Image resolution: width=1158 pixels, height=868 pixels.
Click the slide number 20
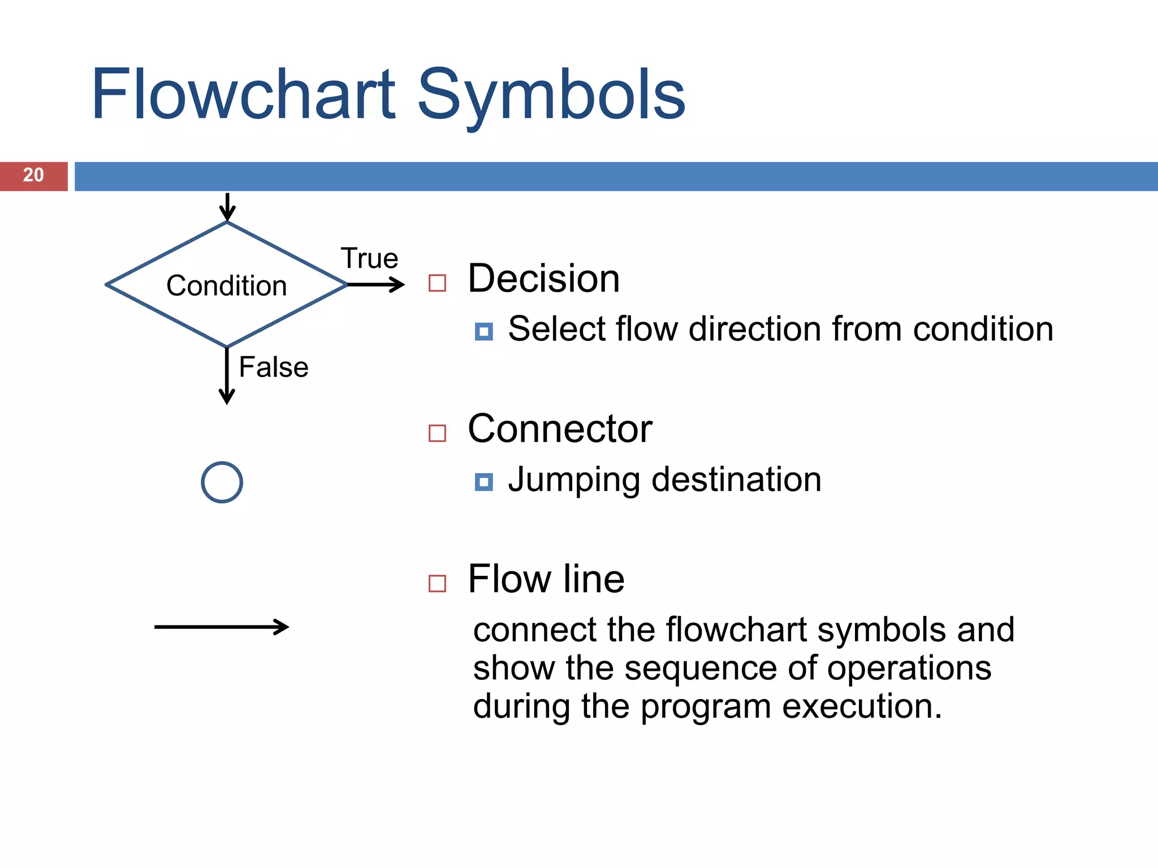pos(33,175)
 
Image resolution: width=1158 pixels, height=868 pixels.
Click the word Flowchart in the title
pos(243,94)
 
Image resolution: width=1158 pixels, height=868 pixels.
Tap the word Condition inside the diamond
pos(226,285)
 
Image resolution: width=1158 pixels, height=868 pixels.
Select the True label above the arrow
pos(369,259)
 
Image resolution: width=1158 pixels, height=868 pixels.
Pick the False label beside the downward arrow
pos(274,367)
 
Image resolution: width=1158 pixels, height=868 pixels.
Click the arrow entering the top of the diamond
pos(227,207)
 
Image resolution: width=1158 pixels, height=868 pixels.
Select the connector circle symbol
pos(222,482)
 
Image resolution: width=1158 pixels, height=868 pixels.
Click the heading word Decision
pos(543,279)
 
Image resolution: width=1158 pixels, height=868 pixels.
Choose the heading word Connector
pos(560,429)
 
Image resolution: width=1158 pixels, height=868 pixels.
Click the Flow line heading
pos(546,579)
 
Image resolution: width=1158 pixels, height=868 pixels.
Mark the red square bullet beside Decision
pos(437,283)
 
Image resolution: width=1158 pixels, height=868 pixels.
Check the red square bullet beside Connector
pos(437,433)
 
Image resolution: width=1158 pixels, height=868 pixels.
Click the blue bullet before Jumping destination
pos(483,482)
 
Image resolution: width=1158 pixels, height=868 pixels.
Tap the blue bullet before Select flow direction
pos(483,331)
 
